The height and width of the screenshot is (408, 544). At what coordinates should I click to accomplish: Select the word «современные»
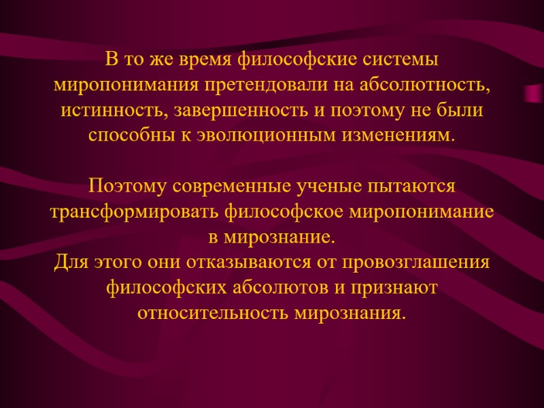(235, 185)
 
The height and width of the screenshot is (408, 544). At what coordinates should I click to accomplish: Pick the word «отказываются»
(216, 261)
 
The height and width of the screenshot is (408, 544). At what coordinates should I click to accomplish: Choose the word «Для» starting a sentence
(69, 261)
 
